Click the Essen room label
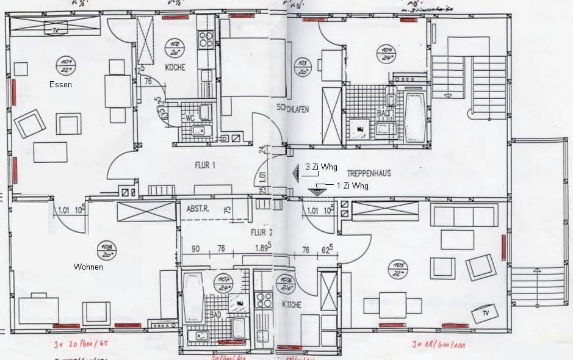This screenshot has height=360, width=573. click(61, 85)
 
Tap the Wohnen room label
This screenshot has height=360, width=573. click(88, 267)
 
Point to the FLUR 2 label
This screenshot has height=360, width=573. click(261, 232)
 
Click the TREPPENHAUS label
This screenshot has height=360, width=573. click(369, 173)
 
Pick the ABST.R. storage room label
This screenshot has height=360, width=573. click(198, 209)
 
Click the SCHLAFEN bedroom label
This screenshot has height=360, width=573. click(292, 109)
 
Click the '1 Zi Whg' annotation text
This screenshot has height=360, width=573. click(352, 184)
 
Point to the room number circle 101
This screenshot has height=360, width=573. click(63, 62)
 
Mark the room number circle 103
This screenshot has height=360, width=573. click(301, 65)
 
